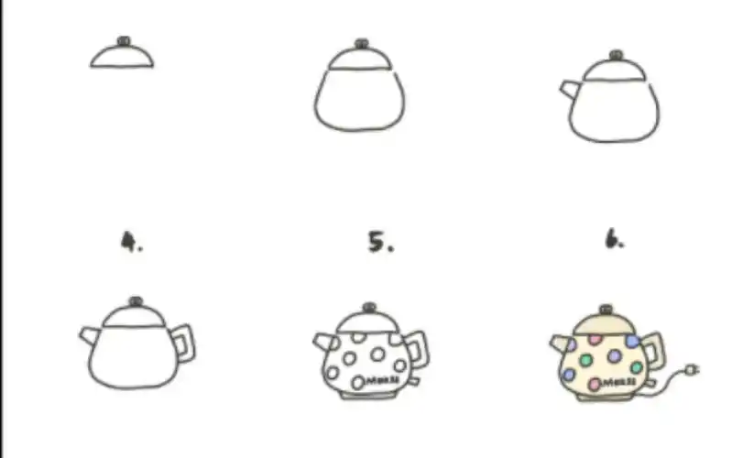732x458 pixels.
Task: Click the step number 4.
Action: click(131, 242)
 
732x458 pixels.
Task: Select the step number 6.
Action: click(613, 241)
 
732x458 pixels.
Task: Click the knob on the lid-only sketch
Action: click(123, 41)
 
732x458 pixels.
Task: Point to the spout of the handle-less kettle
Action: click(569, 88)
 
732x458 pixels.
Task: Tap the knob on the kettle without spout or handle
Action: click(362, 43)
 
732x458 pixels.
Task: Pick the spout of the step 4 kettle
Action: click(89, 334)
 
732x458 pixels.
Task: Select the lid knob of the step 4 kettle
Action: click(136, 301)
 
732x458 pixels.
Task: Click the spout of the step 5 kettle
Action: click(323, 341)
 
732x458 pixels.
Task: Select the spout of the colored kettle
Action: click(559, 343)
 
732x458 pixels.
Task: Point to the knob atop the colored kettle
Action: click(606, 310)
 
